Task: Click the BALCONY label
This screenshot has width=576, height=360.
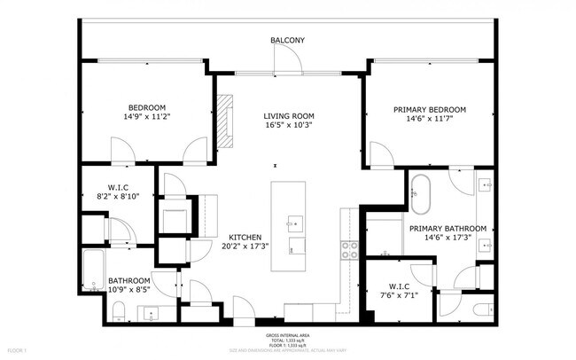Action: pos(288,40)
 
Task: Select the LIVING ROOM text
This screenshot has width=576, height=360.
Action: pos(288,116)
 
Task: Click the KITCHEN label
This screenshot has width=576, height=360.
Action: pos(244,238)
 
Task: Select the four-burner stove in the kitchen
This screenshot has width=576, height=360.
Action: pos(349,249)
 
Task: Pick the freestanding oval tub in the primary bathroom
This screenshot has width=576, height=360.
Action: pos(419,192)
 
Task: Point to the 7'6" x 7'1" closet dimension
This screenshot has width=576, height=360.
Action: pos(397,296)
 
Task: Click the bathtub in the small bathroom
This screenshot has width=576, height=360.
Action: pos(93,270)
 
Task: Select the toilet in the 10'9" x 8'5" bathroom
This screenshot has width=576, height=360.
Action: pos(118,309)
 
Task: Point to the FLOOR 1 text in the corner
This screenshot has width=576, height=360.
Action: pos(15,352)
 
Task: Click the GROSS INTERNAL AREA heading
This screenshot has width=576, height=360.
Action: pos(287,334)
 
